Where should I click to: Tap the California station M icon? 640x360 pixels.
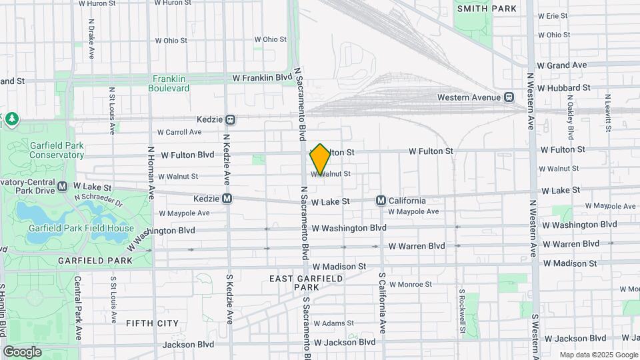[381, 201]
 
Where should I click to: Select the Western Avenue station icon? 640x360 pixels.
[509, 97]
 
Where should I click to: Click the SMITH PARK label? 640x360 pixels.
[487, 9]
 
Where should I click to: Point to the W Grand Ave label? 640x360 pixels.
[561, 65]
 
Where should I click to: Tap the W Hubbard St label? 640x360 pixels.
[563, 87]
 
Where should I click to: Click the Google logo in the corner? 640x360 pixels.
[22, 351]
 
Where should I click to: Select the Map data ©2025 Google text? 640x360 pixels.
[598, 355]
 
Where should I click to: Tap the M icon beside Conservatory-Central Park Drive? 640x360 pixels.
[63, 186]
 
